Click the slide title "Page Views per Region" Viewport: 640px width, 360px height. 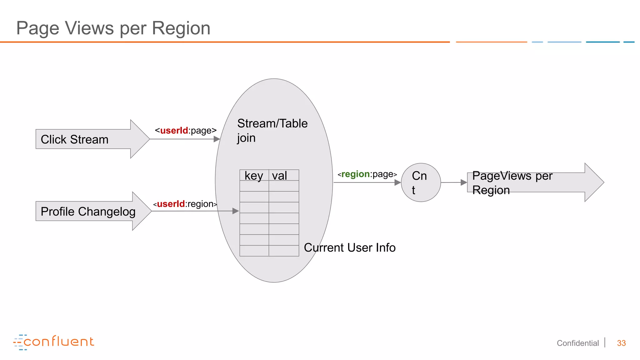click(113, 28)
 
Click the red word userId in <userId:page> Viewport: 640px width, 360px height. click(174, 130)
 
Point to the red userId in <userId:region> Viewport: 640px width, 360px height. click(171, 204)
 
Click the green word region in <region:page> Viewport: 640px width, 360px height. click(355, 174)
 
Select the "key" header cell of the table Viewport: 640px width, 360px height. click(254, 176)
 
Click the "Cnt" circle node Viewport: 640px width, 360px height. click(421, 182)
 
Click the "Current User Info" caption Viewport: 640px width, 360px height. click(349, 247)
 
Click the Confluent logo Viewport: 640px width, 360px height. click(54, 342)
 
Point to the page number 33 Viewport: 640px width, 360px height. click(621, 343)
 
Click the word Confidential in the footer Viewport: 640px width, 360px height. click(577, 343)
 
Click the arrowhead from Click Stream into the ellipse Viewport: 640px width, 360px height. click(217, 139)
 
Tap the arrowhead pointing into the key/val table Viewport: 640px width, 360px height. click(236, 211)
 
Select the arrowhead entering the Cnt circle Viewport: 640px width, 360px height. click(397, 182)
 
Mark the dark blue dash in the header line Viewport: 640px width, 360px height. click(602, 42)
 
